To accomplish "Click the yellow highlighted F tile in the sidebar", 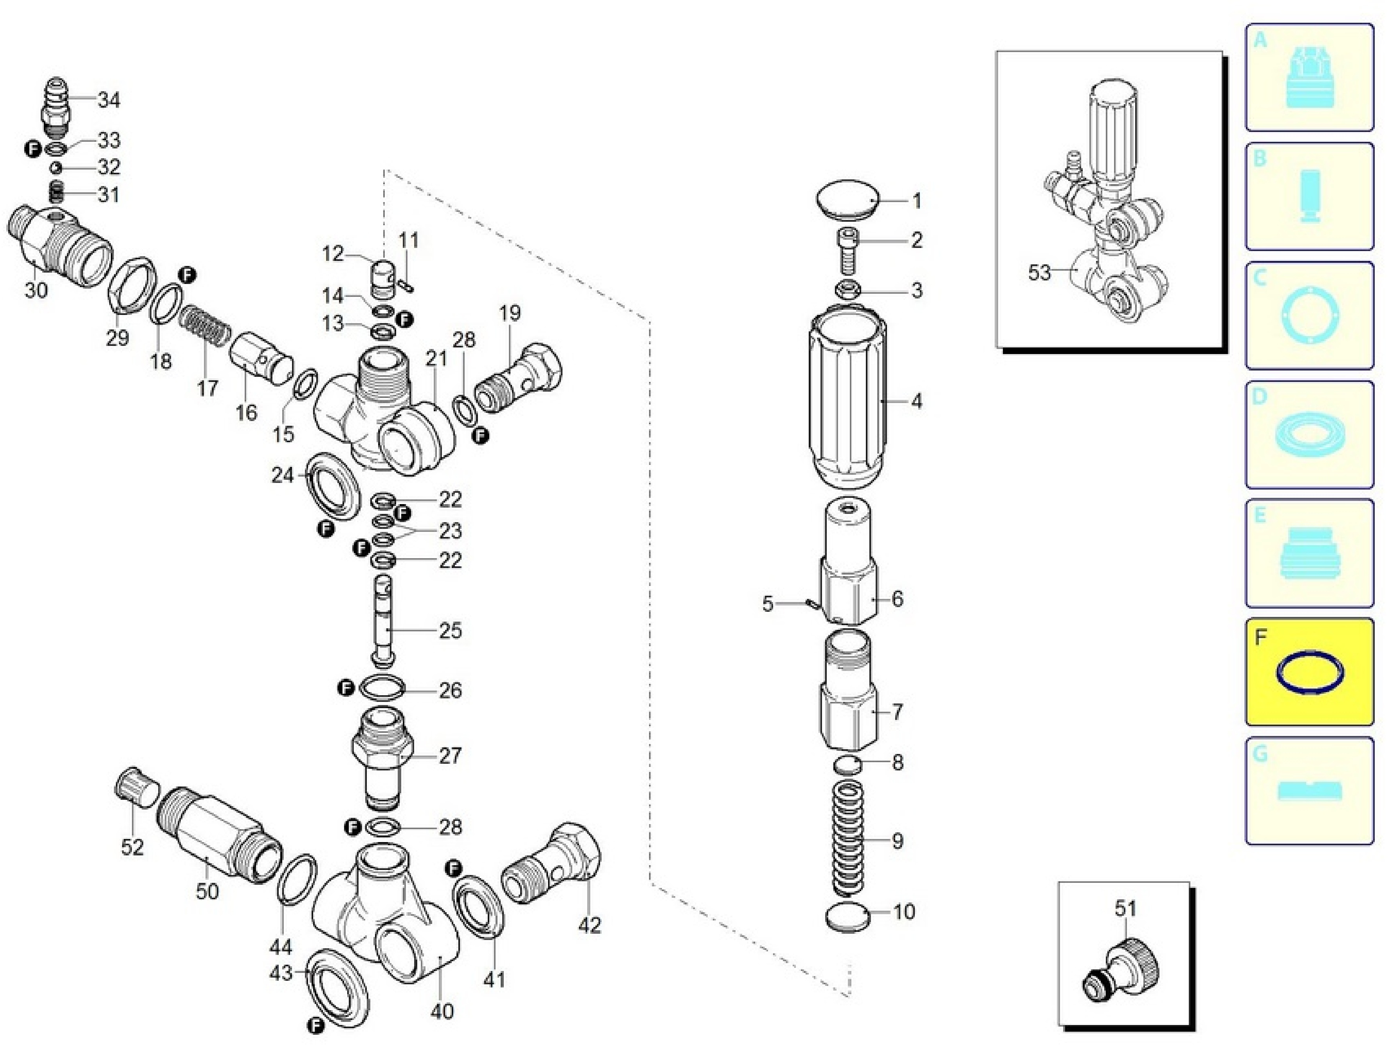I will [1310, 671].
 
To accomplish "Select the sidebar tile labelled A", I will [1310, 77].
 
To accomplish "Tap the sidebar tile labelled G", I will [1310, 790].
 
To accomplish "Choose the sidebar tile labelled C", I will [1310, 315].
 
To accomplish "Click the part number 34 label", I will [109, 100].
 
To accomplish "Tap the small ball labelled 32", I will [56, 168].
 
